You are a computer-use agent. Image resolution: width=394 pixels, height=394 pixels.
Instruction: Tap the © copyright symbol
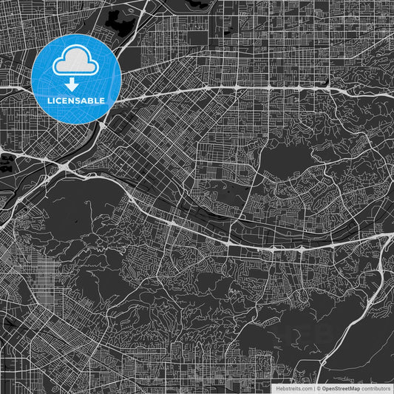tap(319, 388)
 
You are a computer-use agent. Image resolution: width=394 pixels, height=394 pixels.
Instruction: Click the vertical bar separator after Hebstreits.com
tap(314, 388)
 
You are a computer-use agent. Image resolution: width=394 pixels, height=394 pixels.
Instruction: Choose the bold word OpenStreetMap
tap(341, 388)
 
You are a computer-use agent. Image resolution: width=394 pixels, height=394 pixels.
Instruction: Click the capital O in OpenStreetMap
tap(324, 388)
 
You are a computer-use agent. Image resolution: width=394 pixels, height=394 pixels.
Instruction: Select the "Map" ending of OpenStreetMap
tap(355, 388)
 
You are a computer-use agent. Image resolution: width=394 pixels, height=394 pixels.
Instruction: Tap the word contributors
tap(376, 388)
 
